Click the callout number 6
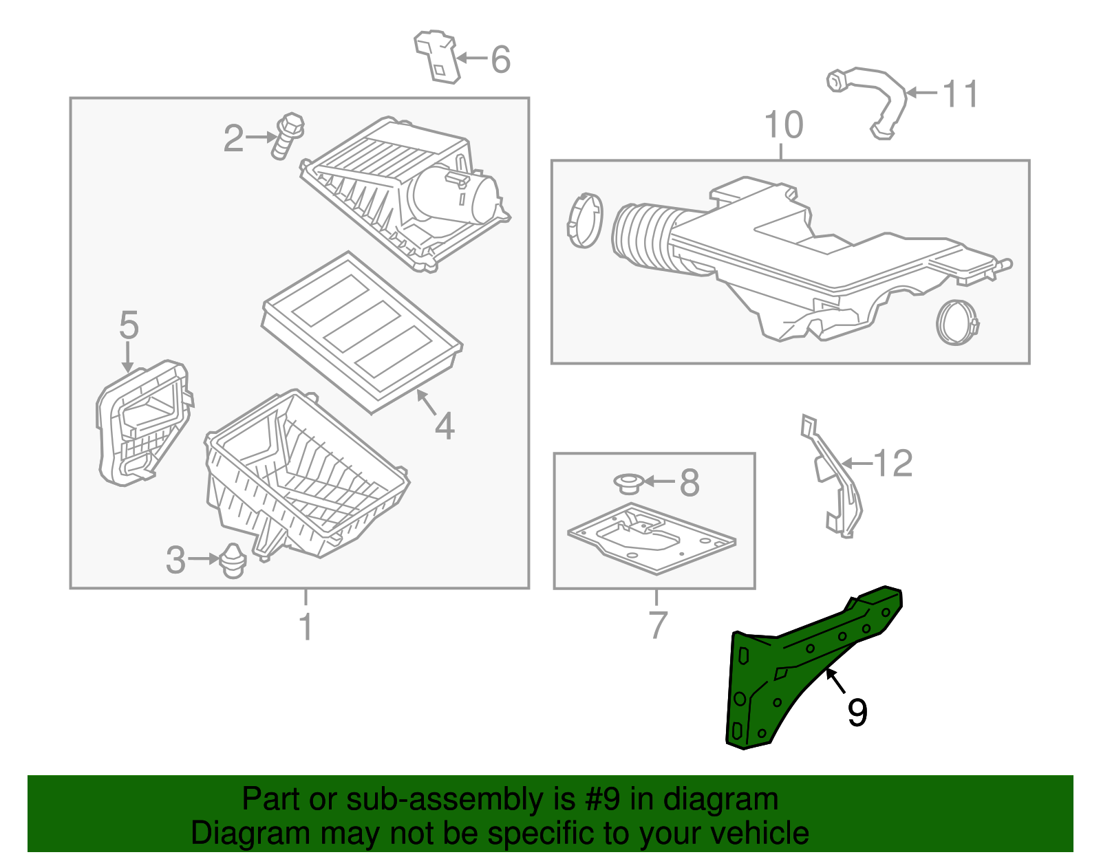501,60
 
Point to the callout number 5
129,325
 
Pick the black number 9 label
857,713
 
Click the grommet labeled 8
628,483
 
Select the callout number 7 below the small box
657,624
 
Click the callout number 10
783,125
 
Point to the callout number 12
892,464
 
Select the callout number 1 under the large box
306,627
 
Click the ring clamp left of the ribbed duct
585,220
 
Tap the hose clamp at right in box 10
957,323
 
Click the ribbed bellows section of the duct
643,237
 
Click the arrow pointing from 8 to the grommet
659,482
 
